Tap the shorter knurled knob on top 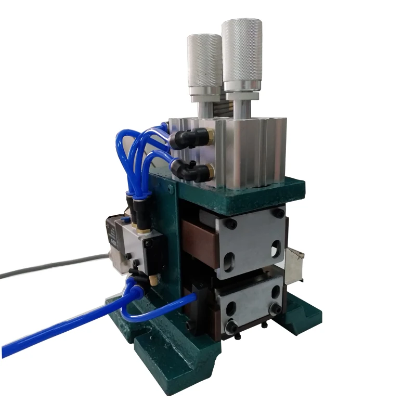pyautogui.click(x=204, y=60)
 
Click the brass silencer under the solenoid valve pyautogui.click(x=153, y=281)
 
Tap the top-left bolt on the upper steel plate pyautogui.click(x=229, y=224)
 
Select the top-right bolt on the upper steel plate pyautogui.click(x=279, y=213)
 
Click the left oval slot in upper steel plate pyautogui.click(x=229, y=259)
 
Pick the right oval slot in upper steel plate pyautogui.click(x=275, y=250)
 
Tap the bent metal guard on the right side pyautogui.click(x=294, y=265)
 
